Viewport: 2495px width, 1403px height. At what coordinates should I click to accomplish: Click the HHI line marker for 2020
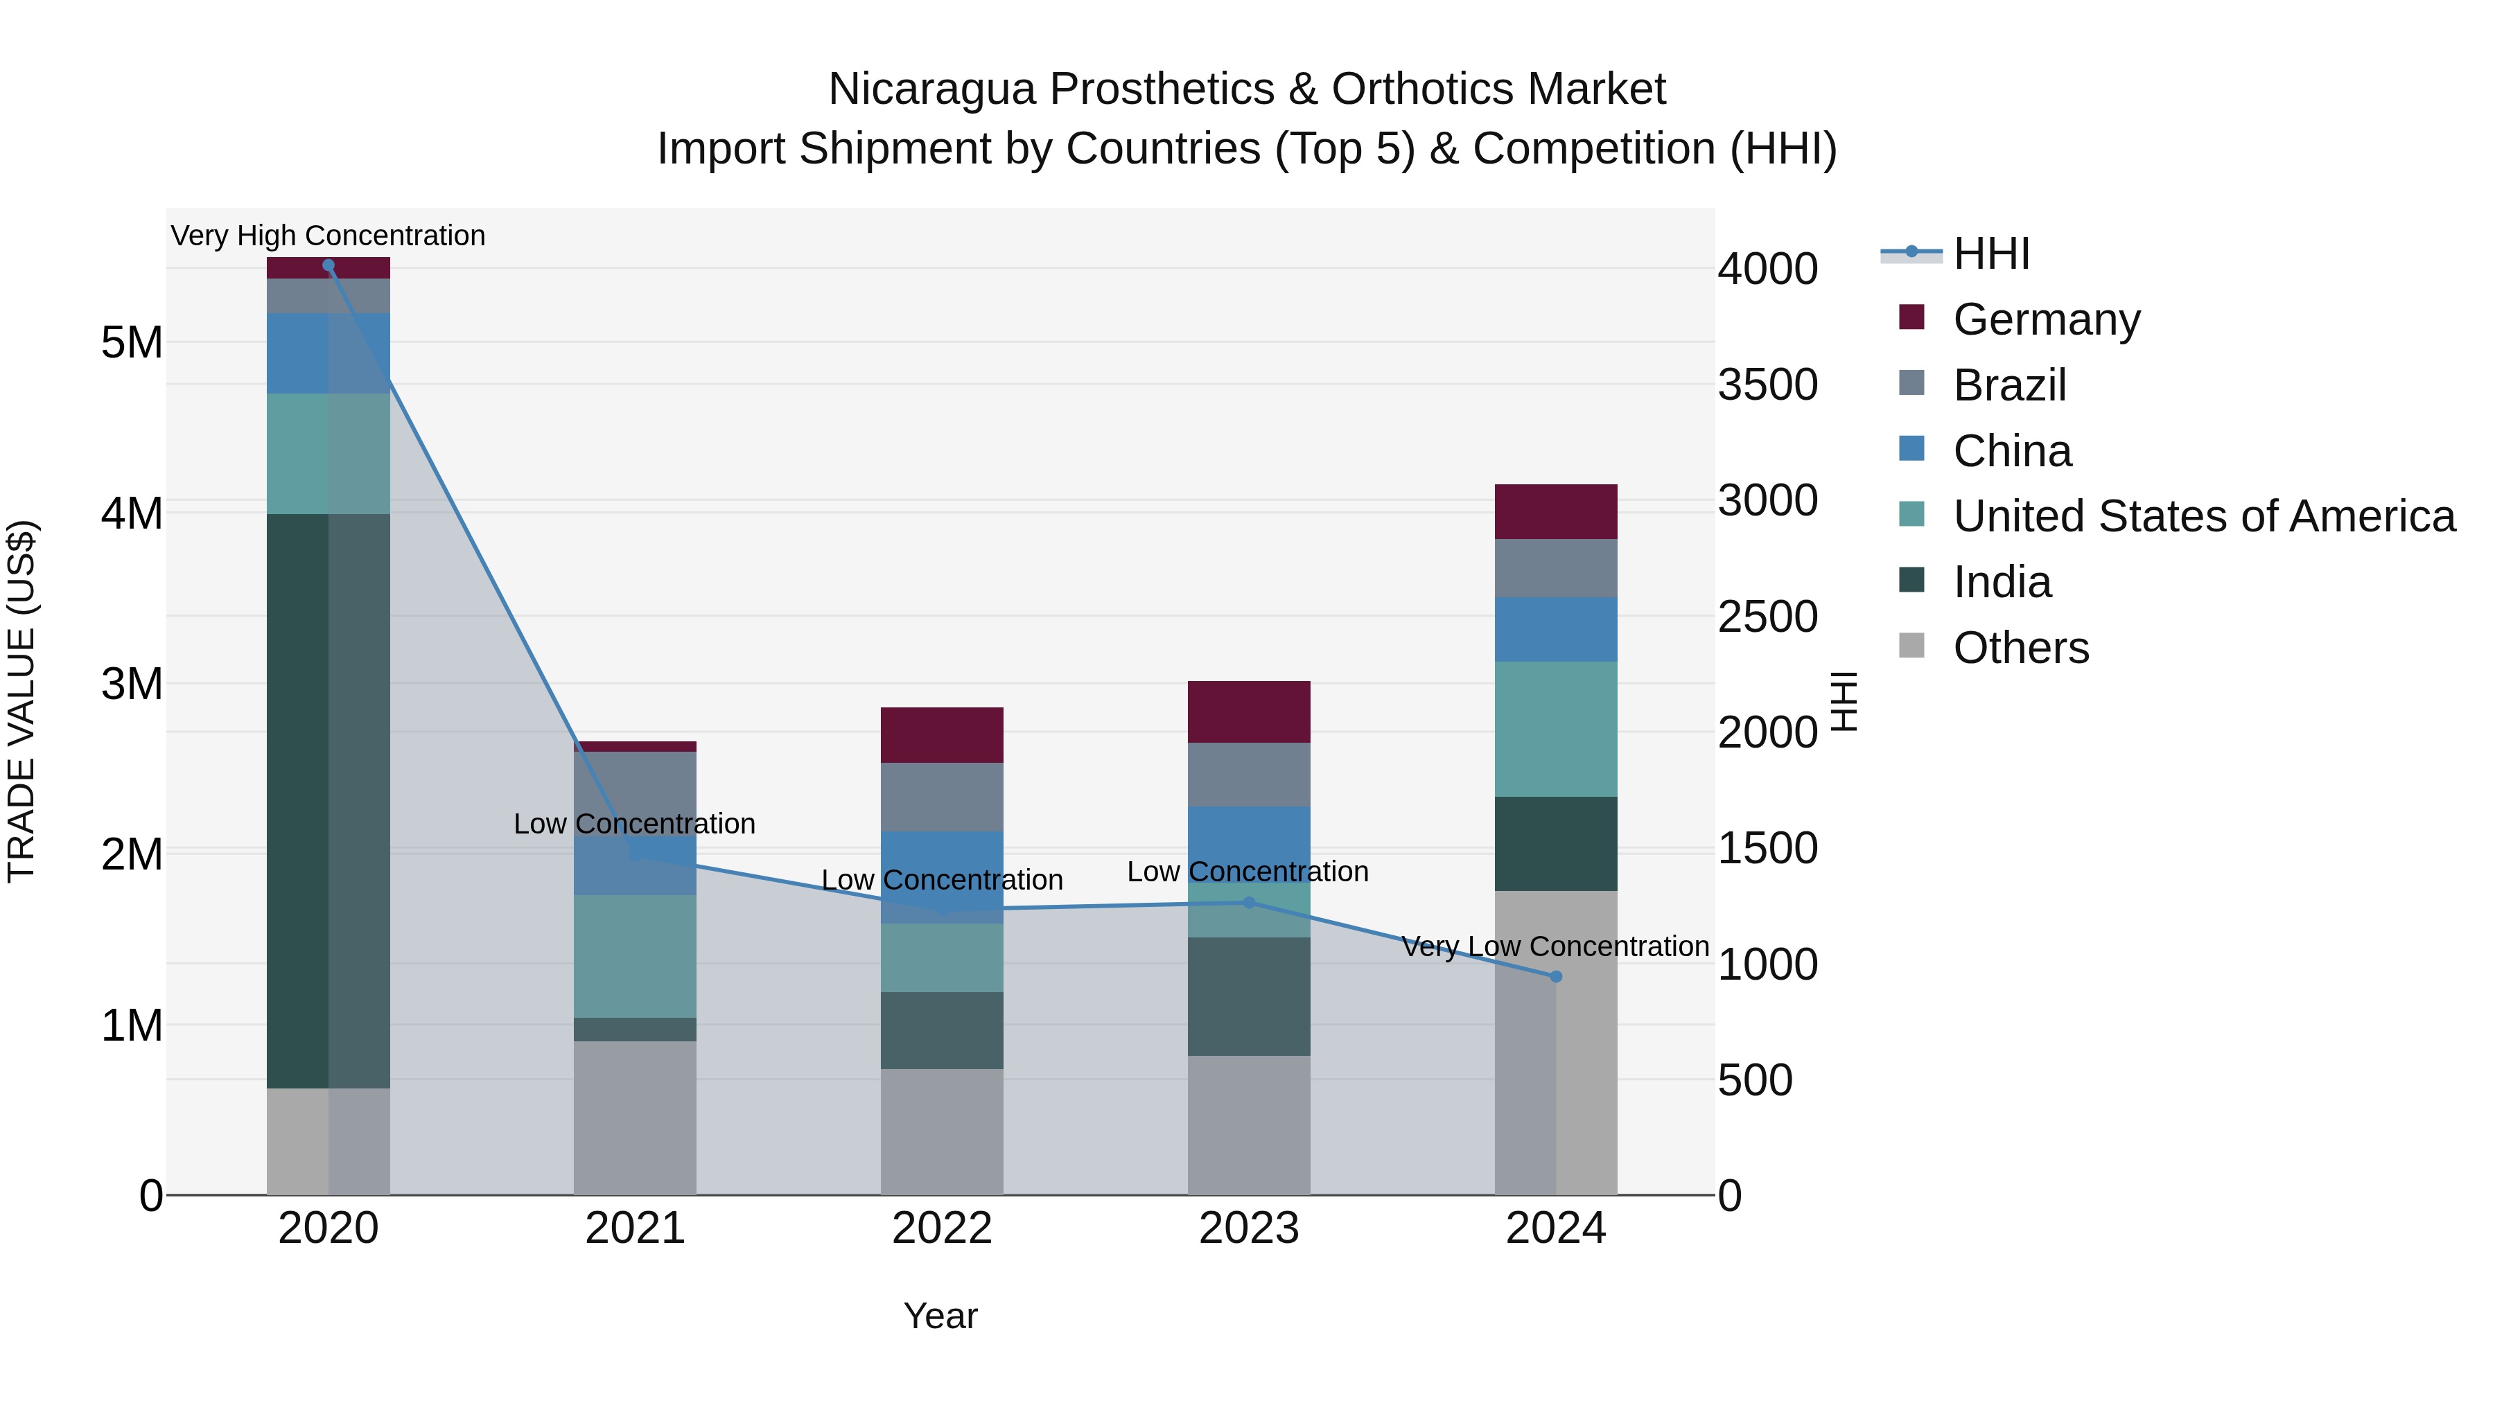329,265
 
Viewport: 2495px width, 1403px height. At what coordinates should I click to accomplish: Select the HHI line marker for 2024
1555,977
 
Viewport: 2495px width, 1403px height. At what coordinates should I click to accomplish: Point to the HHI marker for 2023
1248,902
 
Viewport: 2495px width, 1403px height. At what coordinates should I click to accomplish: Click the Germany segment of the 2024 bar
1555,511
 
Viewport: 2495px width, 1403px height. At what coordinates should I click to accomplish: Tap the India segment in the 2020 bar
329,801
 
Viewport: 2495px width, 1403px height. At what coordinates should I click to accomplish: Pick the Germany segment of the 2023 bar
1248,712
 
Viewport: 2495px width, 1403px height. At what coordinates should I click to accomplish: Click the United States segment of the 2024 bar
1555,729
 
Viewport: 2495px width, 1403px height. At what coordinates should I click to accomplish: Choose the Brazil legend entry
2008,385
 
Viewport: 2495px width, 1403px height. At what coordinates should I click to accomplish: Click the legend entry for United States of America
2203,516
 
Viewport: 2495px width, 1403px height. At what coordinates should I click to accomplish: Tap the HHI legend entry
1990,254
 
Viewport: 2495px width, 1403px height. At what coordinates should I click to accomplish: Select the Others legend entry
2020,648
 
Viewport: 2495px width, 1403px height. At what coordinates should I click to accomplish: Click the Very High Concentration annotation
329,236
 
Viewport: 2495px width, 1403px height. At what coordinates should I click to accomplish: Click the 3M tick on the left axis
132,684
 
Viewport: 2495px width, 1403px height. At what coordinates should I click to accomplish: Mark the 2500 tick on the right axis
1767,617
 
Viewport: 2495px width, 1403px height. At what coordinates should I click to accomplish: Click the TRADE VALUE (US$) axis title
21,701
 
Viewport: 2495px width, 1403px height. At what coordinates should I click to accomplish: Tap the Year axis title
940,1316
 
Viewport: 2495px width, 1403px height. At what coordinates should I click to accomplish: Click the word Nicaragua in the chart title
933,89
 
